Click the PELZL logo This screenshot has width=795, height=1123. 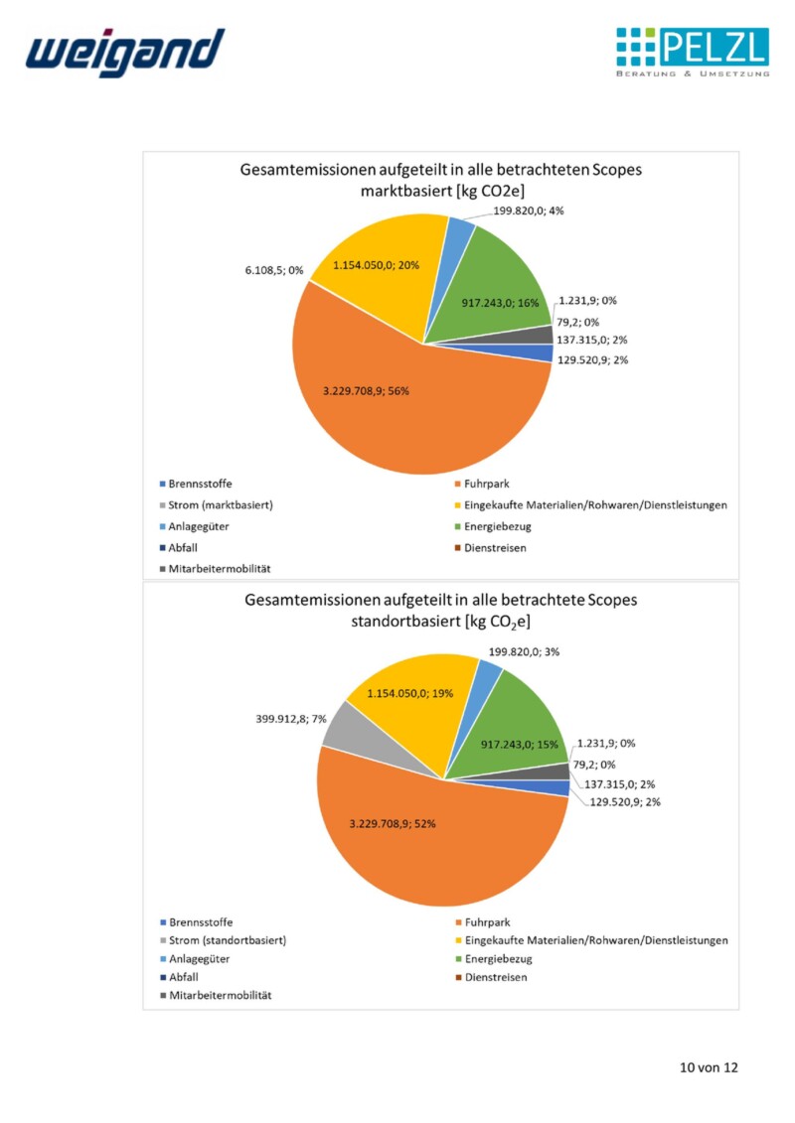coord(693,53)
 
